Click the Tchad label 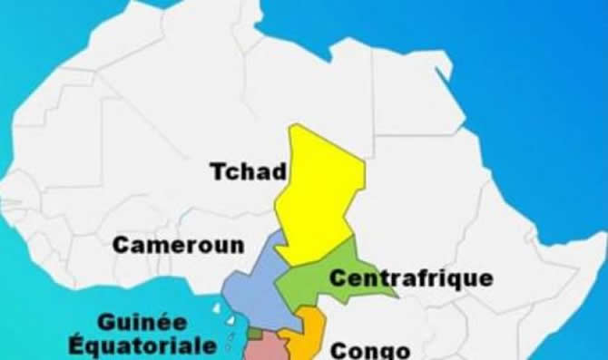coord(248,171)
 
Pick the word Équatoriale coord(142,345)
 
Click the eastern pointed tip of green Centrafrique coord(397,296)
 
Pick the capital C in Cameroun coord(121,245)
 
